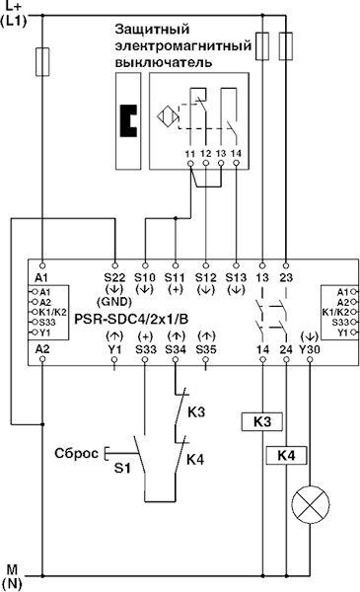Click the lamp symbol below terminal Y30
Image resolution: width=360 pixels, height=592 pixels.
(x=310, y=509)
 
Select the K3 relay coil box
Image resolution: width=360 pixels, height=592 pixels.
(x=262, y=421)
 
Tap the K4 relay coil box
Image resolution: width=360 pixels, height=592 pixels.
(x=286, y=455)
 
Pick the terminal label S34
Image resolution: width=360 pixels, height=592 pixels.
(x=176, y=349)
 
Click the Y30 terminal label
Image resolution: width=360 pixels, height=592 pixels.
(x=310, y=349)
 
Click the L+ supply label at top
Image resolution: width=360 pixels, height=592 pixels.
(x=17, y=9)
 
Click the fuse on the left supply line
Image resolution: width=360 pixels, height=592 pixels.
(x=41, y=62)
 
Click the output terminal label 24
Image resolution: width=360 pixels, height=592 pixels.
(x=286, y=349)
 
